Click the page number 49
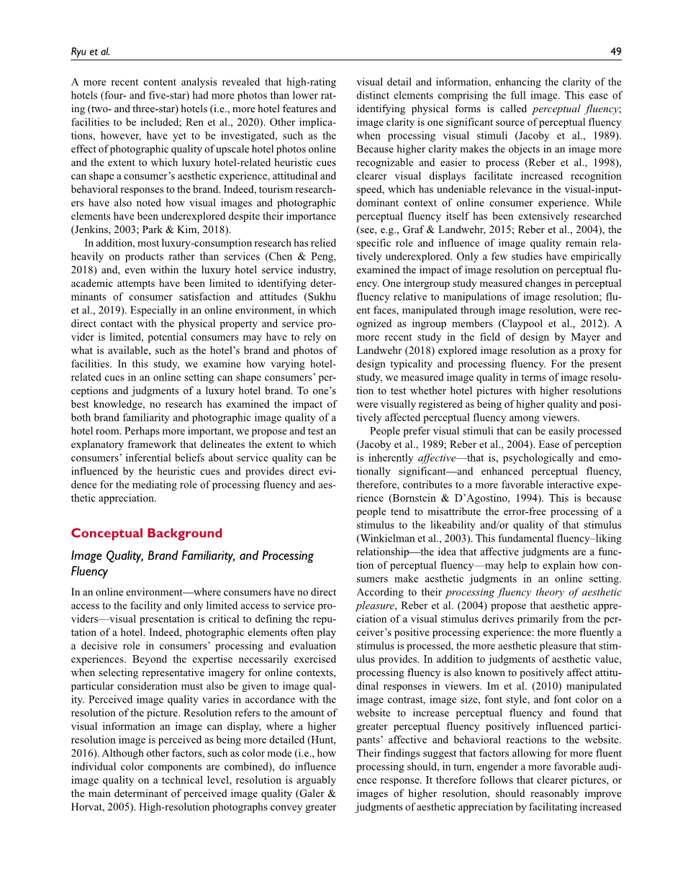click(615, 51)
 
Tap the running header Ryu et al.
click(90, 51)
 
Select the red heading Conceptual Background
click(146, 533)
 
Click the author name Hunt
click(322, 740)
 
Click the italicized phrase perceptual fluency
click(575, 109)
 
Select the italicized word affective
click(438, 457)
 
